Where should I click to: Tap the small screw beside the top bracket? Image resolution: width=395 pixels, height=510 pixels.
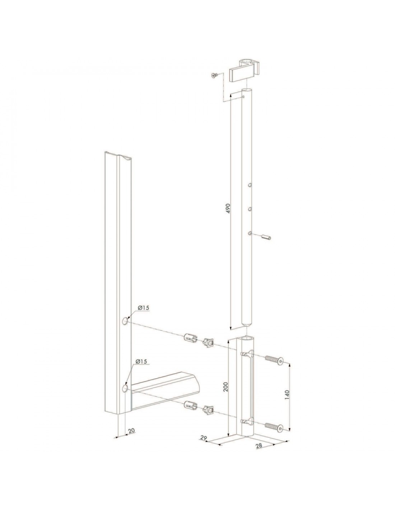214,76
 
